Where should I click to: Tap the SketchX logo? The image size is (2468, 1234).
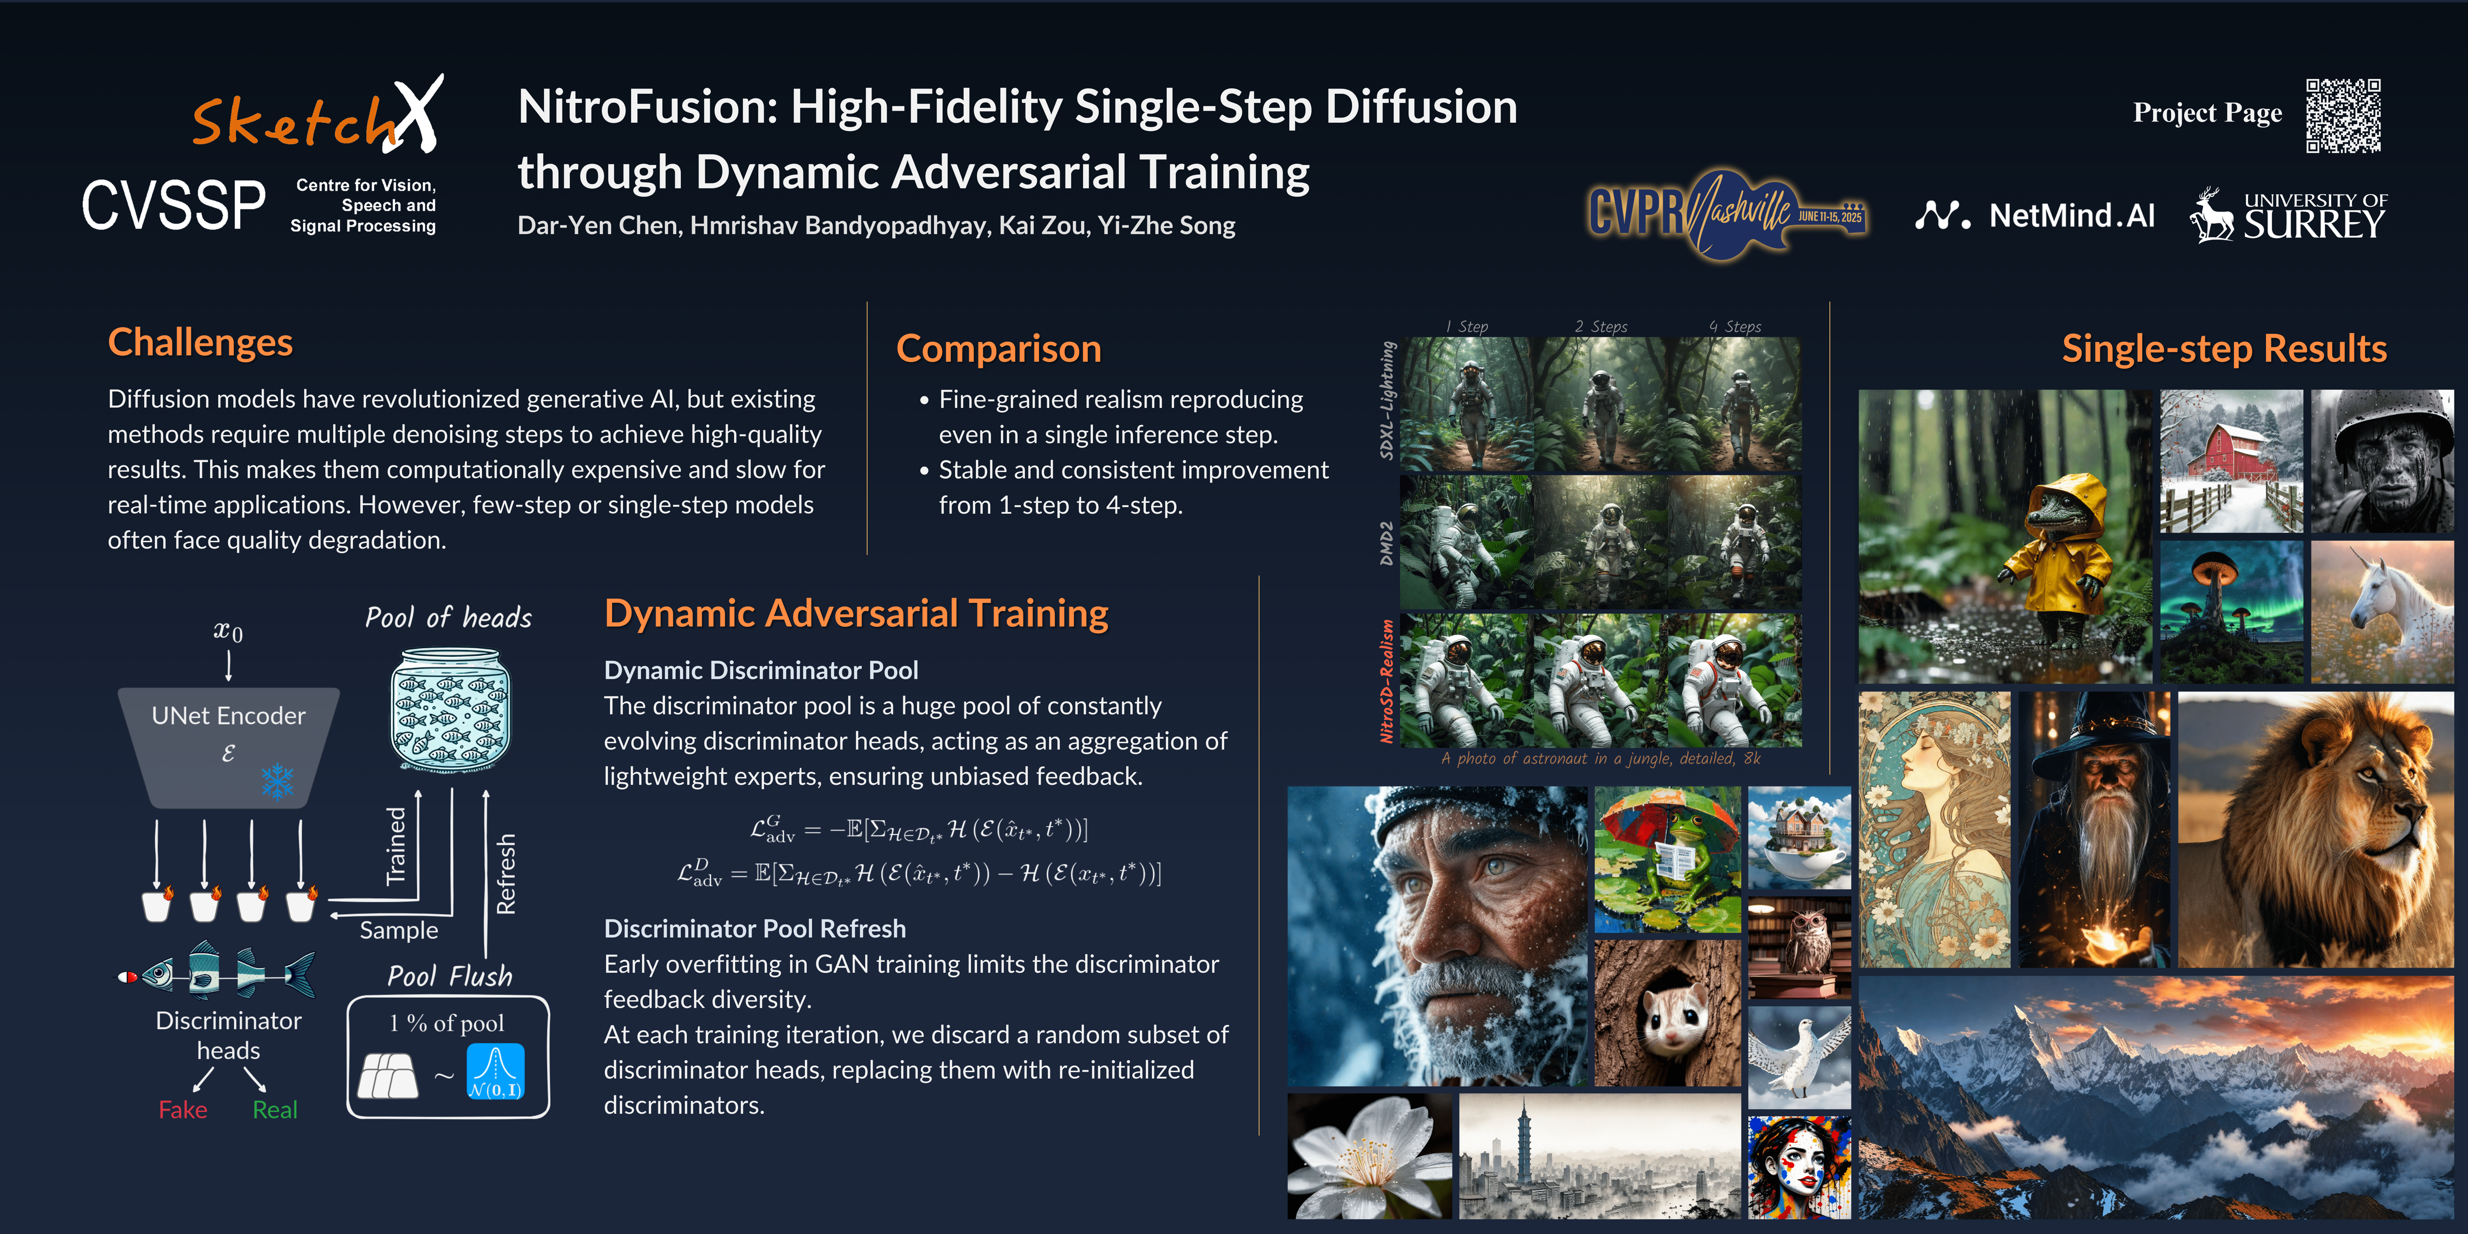click(x=318, y=115)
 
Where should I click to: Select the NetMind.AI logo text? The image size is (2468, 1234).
click(x=2071, y=215)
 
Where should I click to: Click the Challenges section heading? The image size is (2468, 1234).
click(x=200, y=342)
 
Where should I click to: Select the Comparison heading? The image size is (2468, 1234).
click(x=998, y=349)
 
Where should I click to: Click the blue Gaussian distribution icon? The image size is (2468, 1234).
click(x=496, y=1070)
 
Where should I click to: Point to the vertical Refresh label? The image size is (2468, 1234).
click(x=506, y=873)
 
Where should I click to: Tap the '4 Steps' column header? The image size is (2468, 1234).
click(x=1735, y=327)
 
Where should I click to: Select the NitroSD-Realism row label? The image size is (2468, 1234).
click(x=1386, y=680)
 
